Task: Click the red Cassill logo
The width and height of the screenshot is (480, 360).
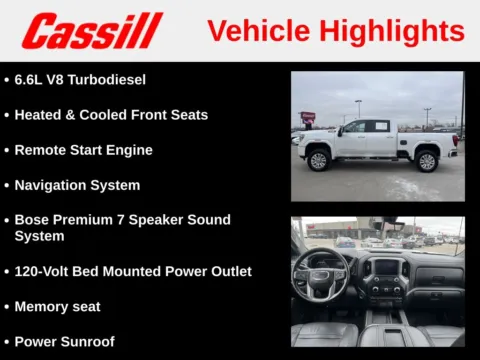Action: (x=91, y=31)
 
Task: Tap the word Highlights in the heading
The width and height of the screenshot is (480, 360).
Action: (x=394, y=31)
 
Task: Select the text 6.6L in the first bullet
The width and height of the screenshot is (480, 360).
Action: (x=30, y=79)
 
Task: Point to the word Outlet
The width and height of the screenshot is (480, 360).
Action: (x=226, y=271)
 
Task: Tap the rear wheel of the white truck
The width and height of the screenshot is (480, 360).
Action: (x=427, y=160)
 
